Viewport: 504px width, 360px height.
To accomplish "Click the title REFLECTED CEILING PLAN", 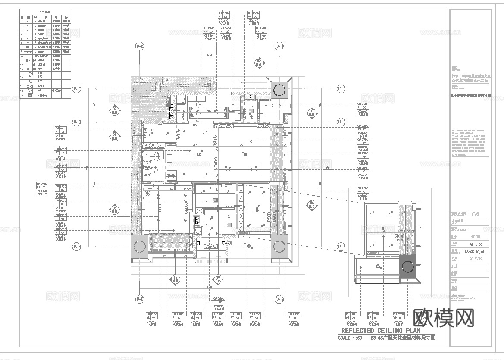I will point(381,330).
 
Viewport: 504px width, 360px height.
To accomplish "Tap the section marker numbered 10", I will point(219,279).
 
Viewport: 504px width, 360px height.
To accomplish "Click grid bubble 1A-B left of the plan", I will point(77,122).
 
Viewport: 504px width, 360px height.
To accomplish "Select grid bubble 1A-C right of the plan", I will point(341,89).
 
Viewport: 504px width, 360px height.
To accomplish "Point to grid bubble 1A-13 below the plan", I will point(279,299).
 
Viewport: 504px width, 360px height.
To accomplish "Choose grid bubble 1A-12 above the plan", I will point(139,47).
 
